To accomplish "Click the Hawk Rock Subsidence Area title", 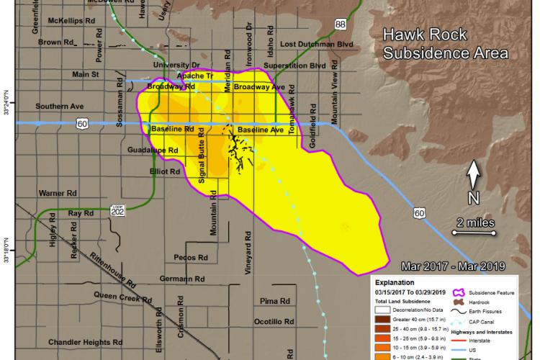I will tap(445, 43).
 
